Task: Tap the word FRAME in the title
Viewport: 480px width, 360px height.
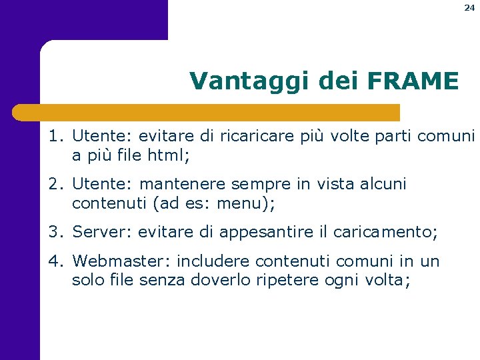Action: pyautogui.click(x=412, y=81)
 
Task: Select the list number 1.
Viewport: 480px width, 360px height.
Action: pyautogui.click(x=54, y=137)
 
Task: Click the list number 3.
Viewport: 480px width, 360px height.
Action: pyautogui.click(x=54, y=232)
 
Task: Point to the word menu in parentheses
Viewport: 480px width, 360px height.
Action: pyautogui.click(x=238, y=203)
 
